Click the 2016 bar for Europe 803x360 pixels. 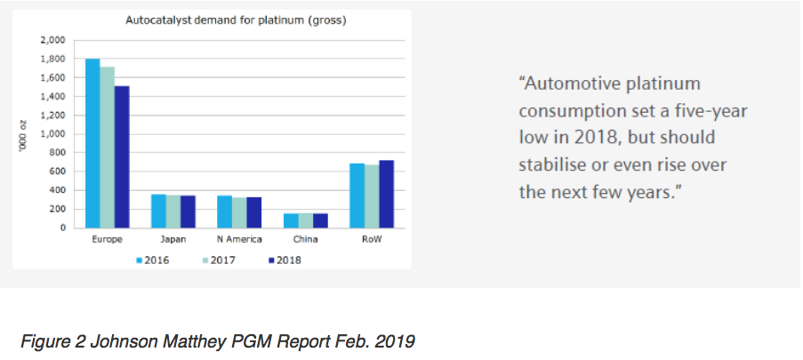tap(92, 143)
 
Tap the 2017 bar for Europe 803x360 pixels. tap(107, 147)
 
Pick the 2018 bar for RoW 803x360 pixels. tap(386, 194)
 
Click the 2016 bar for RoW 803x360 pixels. tap(357, 196)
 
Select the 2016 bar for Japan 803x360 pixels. tap(158, 211)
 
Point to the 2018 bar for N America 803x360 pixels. tap(253, 212)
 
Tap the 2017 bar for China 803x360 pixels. tap(306, 220)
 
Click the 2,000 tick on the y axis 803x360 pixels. tap(52, 40)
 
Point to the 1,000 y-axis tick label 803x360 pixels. tap(52, 134)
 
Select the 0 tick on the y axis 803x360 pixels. tap(62, 228)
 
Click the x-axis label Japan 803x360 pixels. tap(173, 241)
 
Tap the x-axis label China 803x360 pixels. tap(306, 241)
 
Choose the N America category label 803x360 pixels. tap(239, 241)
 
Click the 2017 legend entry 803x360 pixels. tap(218, 260)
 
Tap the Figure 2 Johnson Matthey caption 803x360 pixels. tap(196, 339)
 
